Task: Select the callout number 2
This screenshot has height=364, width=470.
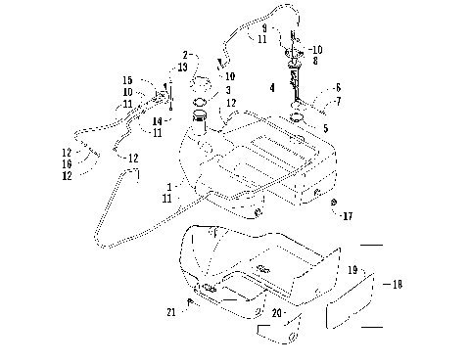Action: (184, 55)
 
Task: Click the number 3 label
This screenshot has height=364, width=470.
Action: (229, 89)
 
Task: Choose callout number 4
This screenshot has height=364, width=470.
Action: (270, 87)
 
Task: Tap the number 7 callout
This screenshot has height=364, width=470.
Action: (338, 100)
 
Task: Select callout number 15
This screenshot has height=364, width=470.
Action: (127, 79)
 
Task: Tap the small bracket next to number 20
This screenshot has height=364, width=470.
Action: (277, 333)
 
